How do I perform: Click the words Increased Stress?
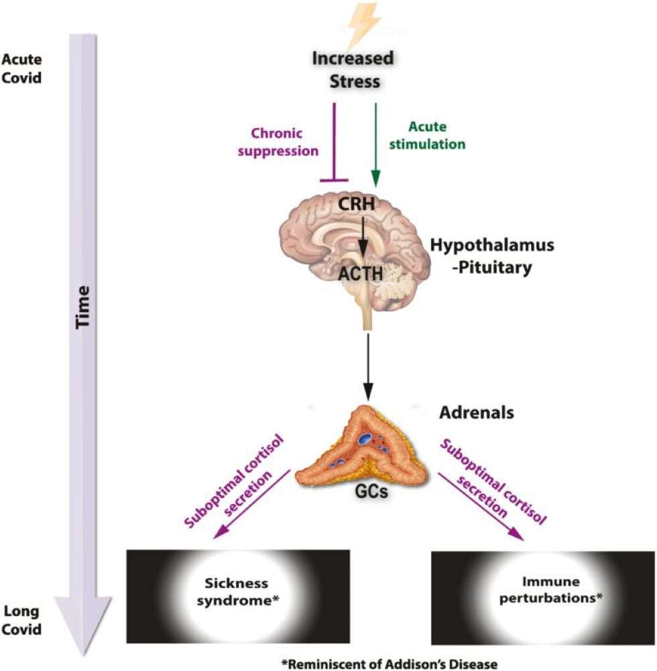(353, 70)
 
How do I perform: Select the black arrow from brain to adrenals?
(367, 362)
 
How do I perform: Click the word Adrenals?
(477, 413)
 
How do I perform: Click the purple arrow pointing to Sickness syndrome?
(251, 503)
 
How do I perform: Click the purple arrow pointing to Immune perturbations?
(479, 503)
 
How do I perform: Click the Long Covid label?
(21, 620)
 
